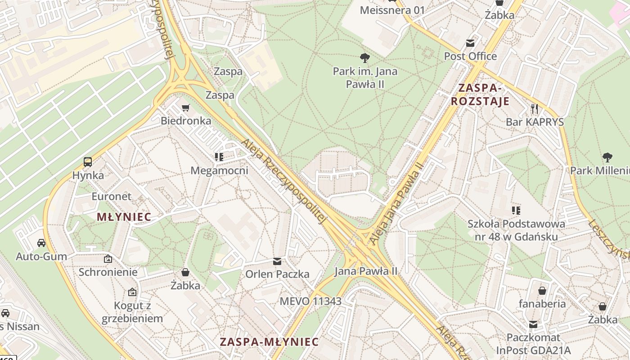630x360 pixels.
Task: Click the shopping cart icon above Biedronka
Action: coord(185,108)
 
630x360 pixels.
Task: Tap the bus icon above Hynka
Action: coord(88,162)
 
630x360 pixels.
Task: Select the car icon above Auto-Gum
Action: coord(41,243)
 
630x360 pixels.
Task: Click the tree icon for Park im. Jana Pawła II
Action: coord(365,58)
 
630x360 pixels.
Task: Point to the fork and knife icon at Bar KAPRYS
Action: coord(535,108)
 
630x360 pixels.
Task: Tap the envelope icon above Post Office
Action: coord(470,43)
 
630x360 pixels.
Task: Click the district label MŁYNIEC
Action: coord(124,217)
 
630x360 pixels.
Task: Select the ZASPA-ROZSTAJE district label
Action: coord(480,94)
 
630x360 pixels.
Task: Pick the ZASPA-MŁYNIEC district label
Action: coord(269,342)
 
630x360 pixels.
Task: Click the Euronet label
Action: coord(112,196)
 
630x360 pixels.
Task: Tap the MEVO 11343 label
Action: coord(310,301)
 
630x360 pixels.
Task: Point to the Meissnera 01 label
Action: coord(392,10)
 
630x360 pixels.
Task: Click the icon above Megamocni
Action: coord(219,157)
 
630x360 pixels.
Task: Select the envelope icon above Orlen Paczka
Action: coord(277,261)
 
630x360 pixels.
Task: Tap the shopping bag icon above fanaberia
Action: coord(542,290)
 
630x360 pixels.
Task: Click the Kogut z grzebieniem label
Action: coord(132,312)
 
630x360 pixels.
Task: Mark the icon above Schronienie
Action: coord(108,259)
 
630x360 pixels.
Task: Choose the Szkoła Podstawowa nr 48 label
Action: coord(516,230)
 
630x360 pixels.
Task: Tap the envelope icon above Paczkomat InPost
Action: coord(533,324)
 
